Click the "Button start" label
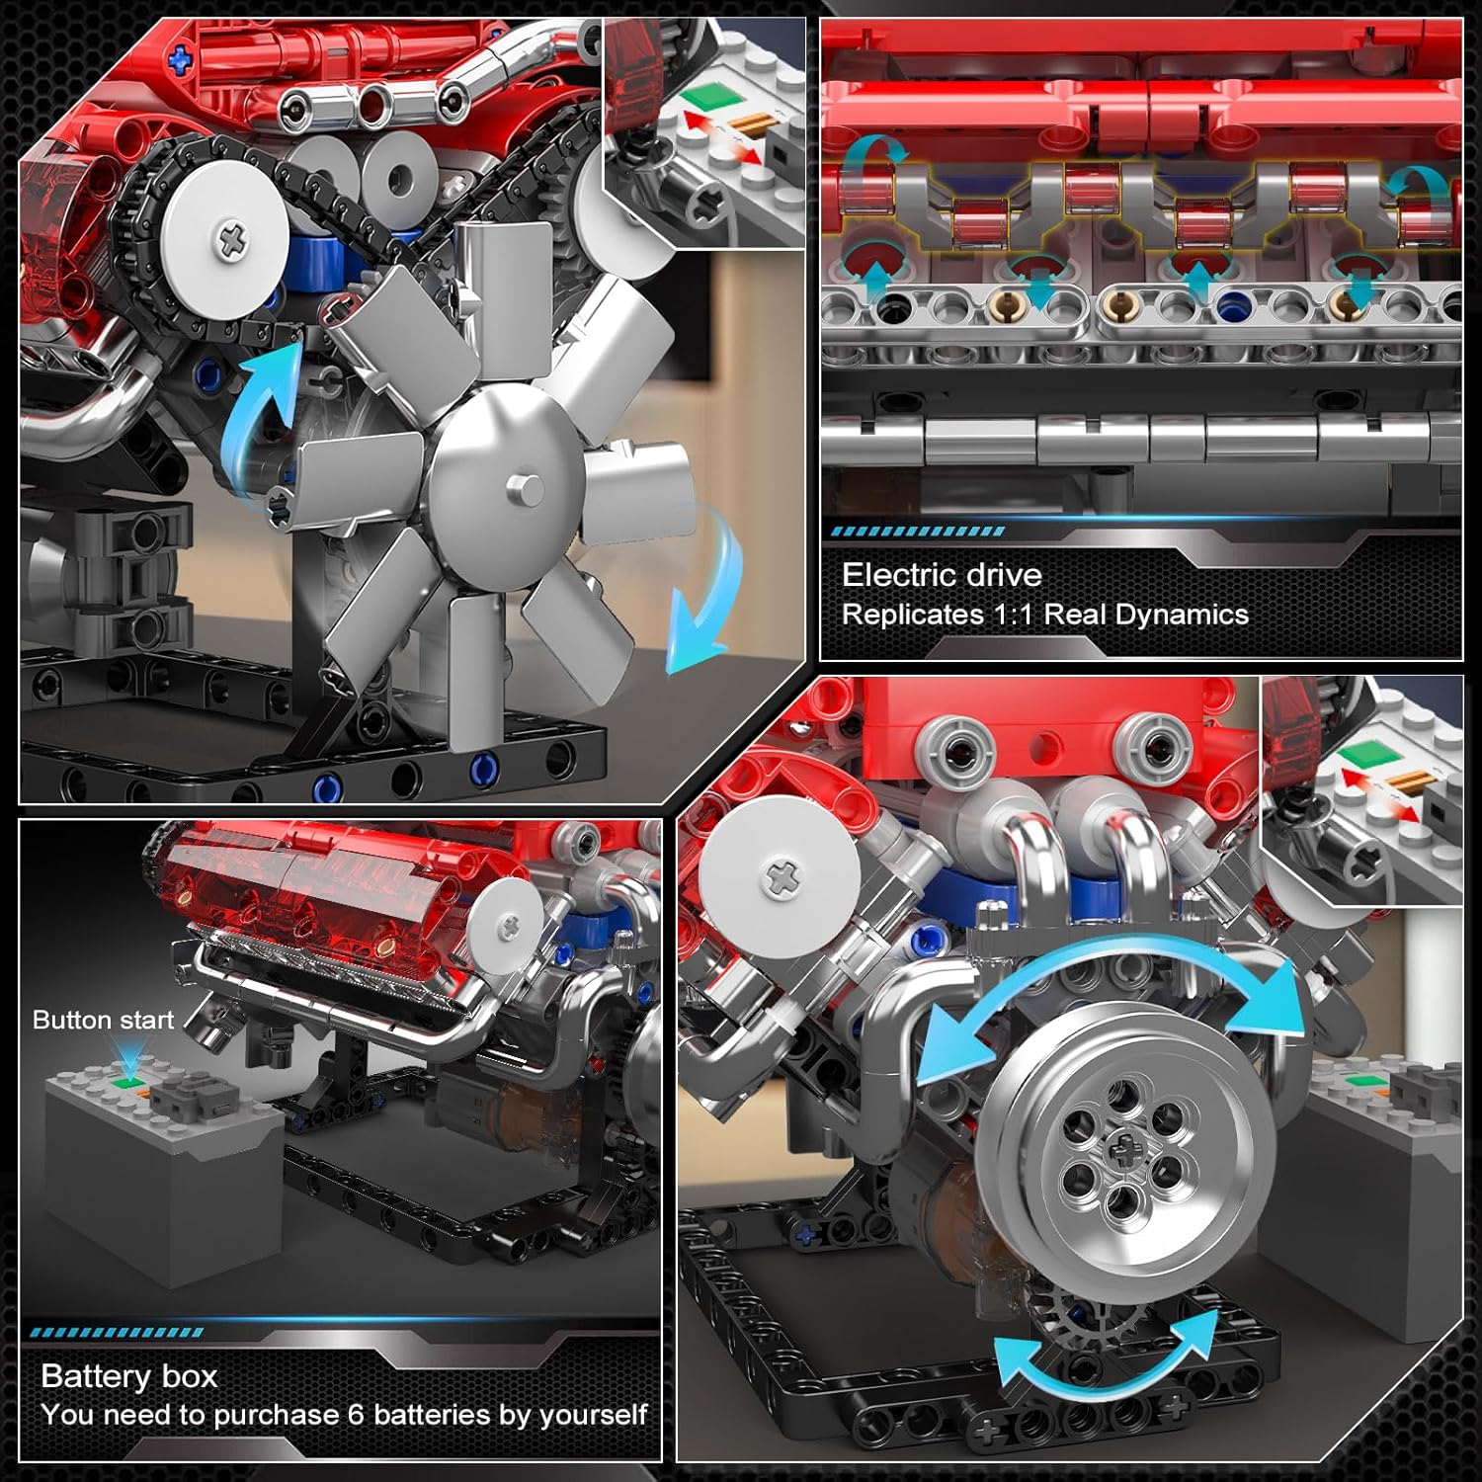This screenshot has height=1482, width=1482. (103, 1020)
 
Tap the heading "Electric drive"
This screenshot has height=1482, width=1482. (942, 575)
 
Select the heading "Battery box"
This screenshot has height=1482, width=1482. (129, 1376)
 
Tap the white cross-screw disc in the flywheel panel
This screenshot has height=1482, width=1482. (783, 875)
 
